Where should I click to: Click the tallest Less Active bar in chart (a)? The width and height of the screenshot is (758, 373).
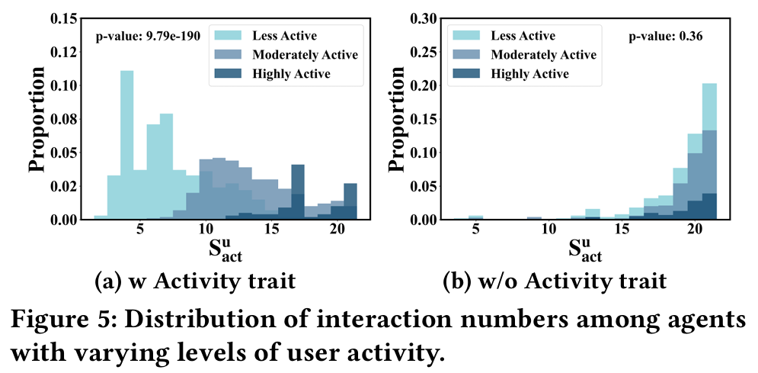[126, 145]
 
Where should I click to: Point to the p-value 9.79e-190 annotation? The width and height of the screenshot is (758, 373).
[147, 35]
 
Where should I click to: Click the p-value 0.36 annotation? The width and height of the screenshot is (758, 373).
[660, 35]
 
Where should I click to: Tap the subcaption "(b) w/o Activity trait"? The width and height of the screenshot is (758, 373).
[555, 282]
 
